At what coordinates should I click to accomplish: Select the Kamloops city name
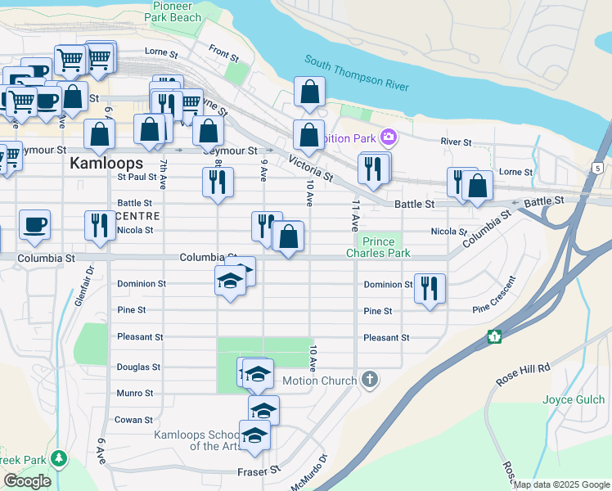106,163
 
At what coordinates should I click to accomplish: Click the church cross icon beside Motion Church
370,380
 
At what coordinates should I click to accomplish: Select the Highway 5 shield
598,169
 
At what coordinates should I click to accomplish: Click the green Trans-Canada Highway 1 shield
494,336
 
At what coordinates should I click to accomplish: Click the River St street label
457,142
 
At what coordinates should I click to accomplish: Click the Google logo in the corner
27,481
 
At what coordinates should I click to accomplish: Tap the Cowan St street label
134,420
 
